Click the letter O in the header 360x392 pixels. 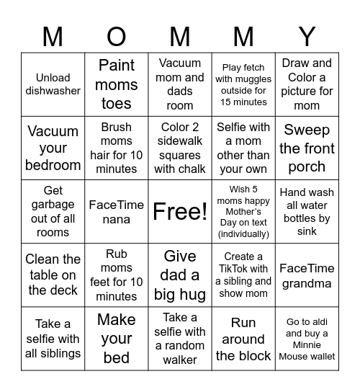tap(116, 36)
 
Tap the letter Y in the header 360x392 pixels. tap(307, 36)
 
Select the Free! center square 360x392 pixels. tap(180, 212)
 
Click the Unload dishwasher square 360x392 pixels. tap(53, 84)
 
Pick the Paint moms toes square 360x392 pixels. tap(117, 84)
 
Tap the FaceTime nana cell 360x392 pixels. tap(117, 212)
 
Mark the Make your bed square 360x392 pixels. tap(117, 339)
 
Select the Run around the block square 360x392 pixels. tap(243, 339)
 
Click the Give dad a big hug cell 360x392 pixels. tap(180, 275)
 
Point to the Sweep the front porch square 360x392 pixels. tap(307, 148)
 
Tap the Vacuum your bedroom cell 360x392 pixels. tap(53, 148)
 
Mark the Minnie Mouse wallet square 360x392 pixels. tap(307, 339)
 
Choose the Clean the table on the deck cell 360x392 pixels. tap(53, 275)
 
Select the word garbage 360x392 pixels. tap(53, 205)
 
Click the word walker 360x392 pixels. tap(180, 359)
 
